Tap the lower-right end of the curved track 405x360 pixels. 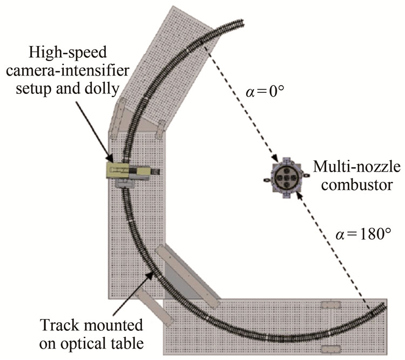coord(386,306)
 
